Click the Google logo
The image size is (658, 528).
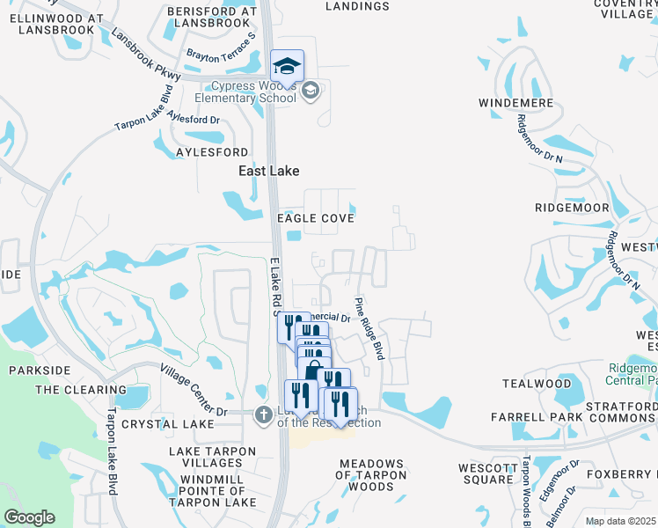pyautogui.click(x=28, y=517)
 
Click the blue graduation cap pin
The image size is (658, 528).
pyautogui.click(x=287, y=66)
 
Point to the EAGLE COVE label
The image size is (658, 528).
pyautogui.click(x=316, y=218)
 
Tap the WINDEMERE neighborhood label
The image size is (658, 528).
pyautogui.click(x=515, y=103)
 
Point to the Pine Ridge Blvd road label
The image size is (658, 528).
pyautogui.click(x=370, y=328)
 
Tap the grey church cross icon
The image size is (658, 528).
pyautogui.click(x=261, y=414)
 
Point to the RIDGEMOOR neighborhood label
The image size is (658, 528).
pyautogui.click(x=572, y=208)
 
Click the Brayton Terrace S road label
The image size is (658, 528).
pyautogui.click(x=221, y=49)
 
